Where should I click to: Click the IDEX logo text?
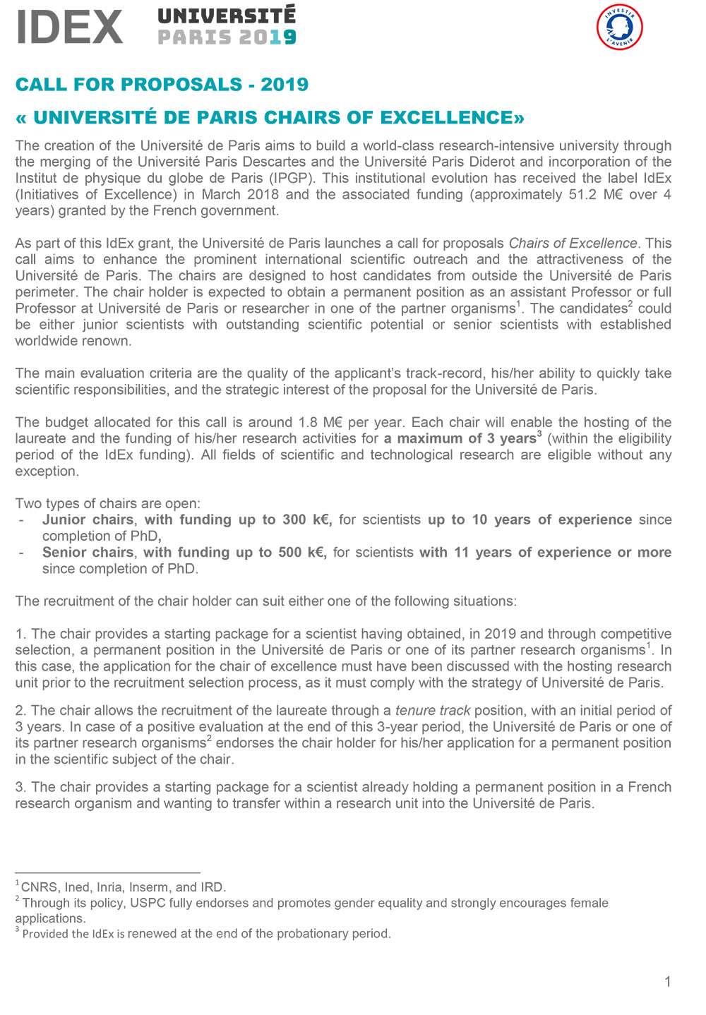pos(69,28)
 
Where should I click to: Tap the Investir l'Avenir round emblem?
pos(619,28)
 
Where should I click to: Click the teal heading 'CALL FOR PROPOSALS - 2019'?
pos(162,85)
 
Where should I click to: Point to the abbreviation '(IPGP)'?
pos(291,178)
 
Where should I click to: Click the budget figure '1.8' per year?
pos(308,422)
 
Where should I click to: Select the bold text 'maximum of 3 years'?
pos(460,438)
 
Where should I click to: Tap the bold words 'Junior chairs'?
pos(88,519)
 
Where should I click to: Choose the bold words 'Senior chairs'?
pos(88,552)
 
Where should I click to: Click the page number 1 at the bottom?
pos(667,982)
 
